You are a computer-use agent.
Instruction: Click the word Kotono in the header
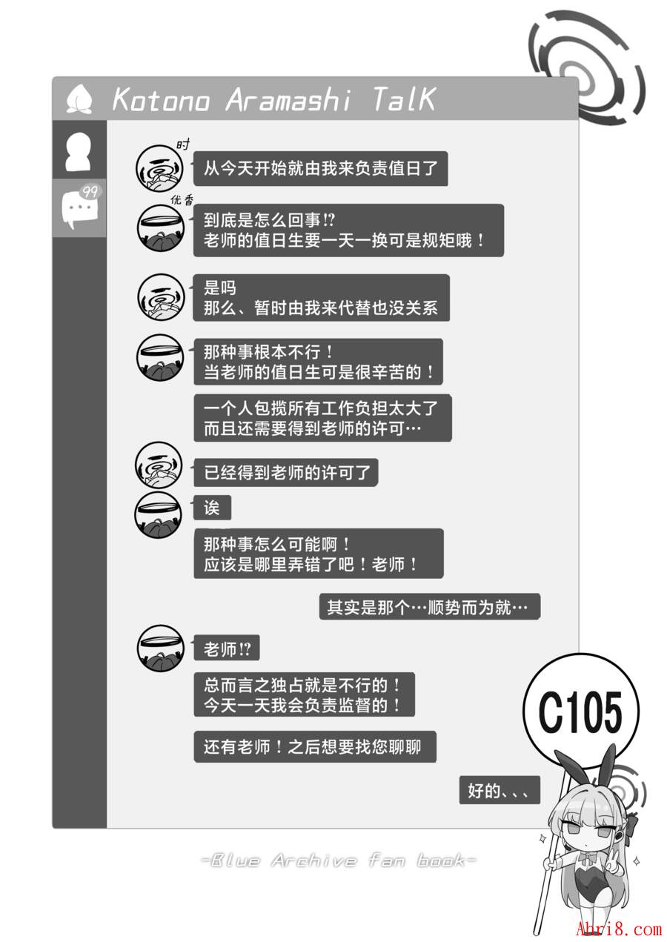pos(161,99)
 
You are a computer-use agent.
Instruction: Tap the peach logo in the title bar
pos(79,99)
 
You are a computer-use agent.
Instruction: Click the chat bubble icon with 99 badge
pos(79,207)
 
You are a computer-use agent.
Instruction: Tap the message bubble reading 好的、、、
pos(499,790)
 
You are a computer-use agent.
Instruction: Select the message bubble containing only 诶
pos(212,508)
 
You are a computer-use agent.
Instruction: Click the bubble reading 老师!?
pos(227,650)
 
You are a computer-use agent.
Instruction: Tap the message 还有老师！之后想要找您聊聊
pos(314,746)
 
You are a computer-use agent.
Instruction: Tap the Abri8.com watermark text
pos(619,929)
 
